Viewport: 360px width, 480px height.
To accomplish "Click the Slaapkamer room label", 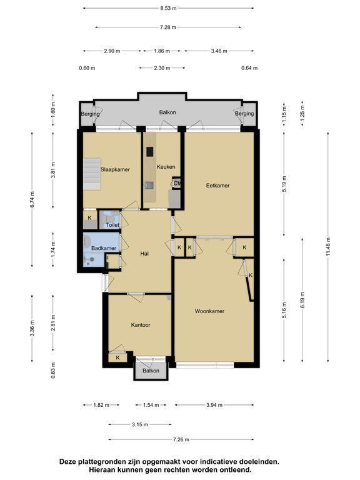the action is [115, 169].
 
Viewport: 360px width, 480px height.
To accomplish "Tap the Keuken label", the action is [166, 166].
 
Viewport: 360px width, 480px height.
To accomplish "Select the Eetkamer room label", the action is [217, 185].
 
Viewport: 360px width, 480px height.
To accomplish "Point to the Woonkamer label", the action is [210, 311].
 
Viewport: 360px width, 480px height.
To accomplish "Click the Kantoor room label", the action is [141, 325].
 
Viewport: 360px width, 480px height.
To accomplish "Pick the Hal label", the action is [144, 254].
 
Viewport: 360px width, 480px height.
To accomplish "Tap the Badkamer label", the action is [104, 248].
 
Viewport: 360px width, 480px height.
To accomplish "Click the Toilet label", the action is [112, 225].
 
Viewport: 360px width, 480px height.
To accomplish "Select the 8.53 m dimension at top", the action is [168, 8].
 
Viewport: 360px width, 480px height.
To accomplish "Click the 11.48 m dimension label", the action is [328, 247].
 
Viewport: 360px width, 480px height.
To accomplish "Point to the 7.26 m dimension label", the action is [181, 439].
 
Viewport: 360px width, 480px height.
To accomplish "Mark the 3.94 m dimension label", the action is [214, 405].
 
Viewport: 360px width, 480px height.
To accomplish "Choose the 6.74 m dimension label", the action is [32, 199].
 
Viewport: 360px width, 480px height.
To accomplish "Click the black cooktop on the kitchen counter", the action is [150, 151].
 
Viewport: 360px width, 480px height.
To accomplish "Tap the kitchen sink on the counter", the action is [149, 185].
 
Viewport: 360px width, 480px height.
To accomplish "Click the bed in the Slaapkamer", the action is [92, 174].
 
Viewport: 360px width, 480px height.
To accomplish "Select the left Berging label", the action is [90, 114].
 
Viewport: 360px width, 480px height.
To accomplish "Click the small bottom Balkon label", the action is [151, 371].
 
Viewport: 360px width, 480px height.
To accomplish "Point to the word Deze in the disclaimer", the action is [67, 462].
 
